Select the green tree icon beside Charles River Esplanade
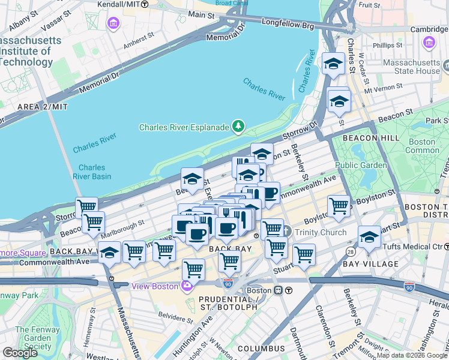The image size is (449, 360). point(239,126)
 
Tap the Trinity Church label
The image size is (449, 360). point(319,232)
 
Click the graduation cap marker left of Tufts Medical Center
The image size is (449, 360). point(369,237)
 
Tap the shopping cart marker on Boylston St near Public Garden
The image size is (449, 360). point(339,206)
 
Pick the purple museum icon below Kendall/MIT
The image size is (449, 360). point(112,23)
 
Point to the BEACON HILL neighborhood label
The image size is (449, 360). point(367,138)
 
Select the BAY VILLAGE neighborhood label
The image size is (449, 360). point(370,264)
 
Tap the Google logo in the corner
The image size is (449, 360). point(19,353)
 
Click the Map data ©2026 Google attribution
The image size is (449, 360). point(412,355)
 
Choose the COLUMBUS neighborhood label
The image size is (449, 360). point(261,349)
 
